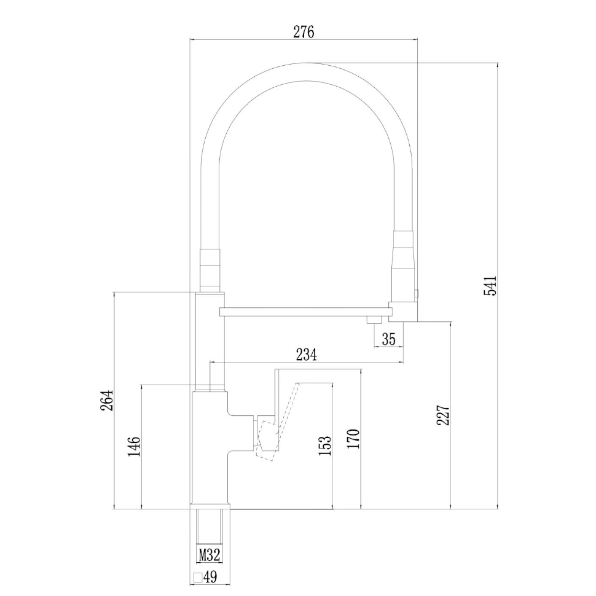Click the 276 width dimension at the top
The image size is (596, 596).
(304, 33)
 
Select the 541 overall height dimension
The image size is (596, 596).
(490, 286)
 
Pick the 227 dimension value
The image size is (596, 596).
(445, 415)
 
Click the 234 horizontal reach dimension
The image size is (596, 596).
(306, 355)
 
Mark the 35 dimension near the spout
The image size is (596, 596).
(388, 339)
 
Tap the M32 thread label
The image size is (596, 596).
(210, 555)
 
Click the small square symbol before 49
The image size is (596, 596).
(197, 578)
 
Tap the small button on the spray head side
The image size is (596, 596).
(418, 294)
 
